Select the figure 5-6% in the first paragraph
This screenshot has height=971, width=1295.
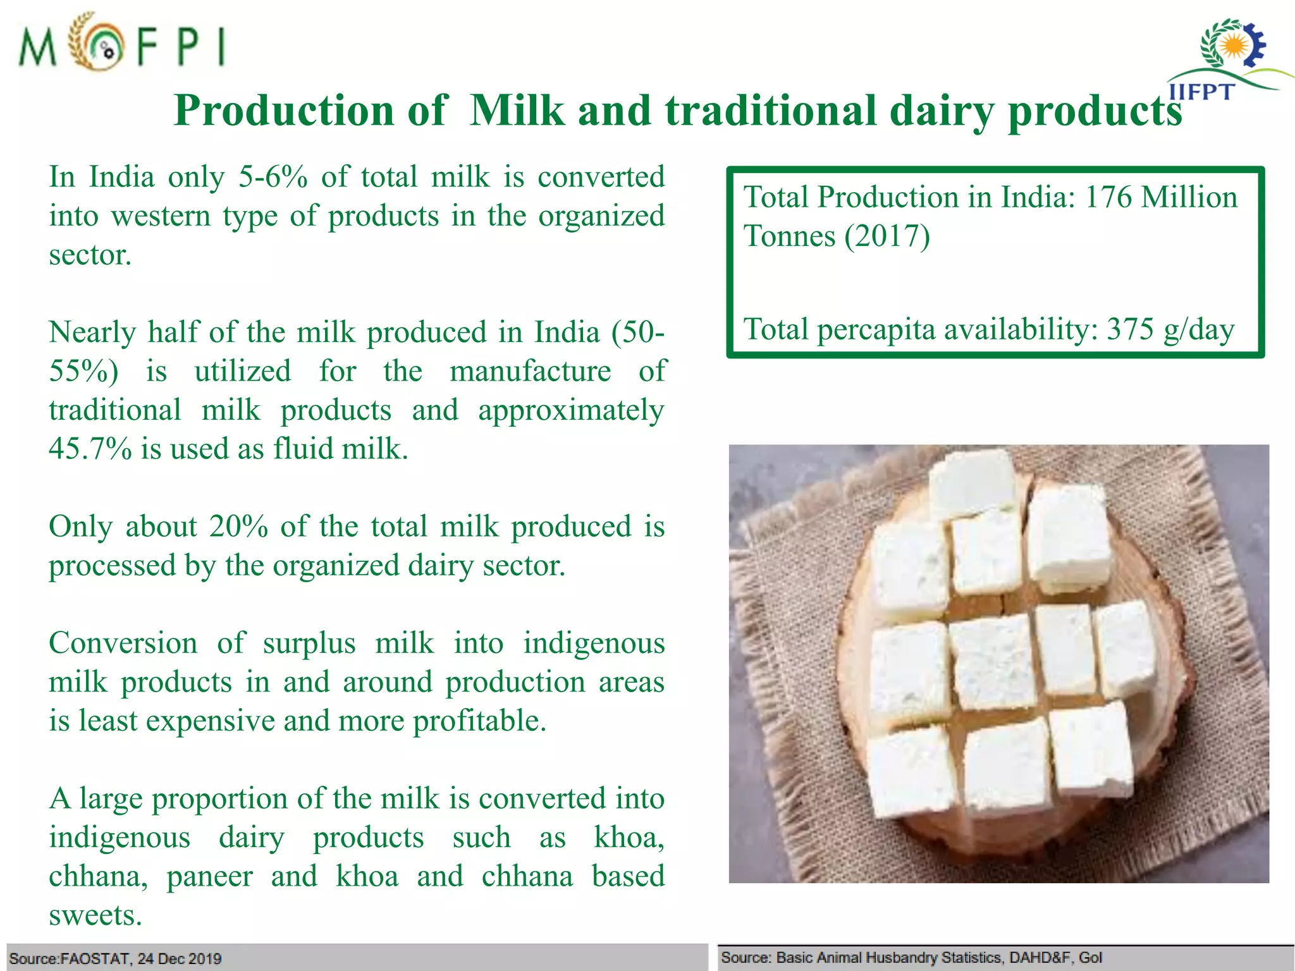pyautogui.click(x=273, y=177)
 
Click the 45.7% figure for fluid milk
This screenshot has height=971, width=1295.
pyautogui.click(x=90, y=449)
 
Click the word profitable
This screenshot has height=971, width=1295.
pyautogui.click(x=479, y=721)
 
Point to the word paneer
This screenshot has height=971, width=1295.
pyautogui.click(x=209, y=877)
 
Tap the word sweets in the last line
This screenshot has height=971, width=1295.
pyautogui.click(x=95, y=915)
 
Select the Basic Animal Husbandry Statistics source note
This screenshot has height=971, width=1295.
pyautogui.click(x=911, y=957)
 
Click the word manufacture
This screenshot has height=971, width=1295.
pyautogui.click(x=530, y=371)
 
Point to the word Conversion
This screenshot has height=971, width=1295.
pyautogui.click(x=123, y=644)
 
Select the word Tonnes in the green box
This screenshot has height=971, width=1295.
pyautogui.click(x=789, y=236)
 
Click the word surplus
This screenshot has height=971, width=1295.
pyautogui.click(x=309, y=644)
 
